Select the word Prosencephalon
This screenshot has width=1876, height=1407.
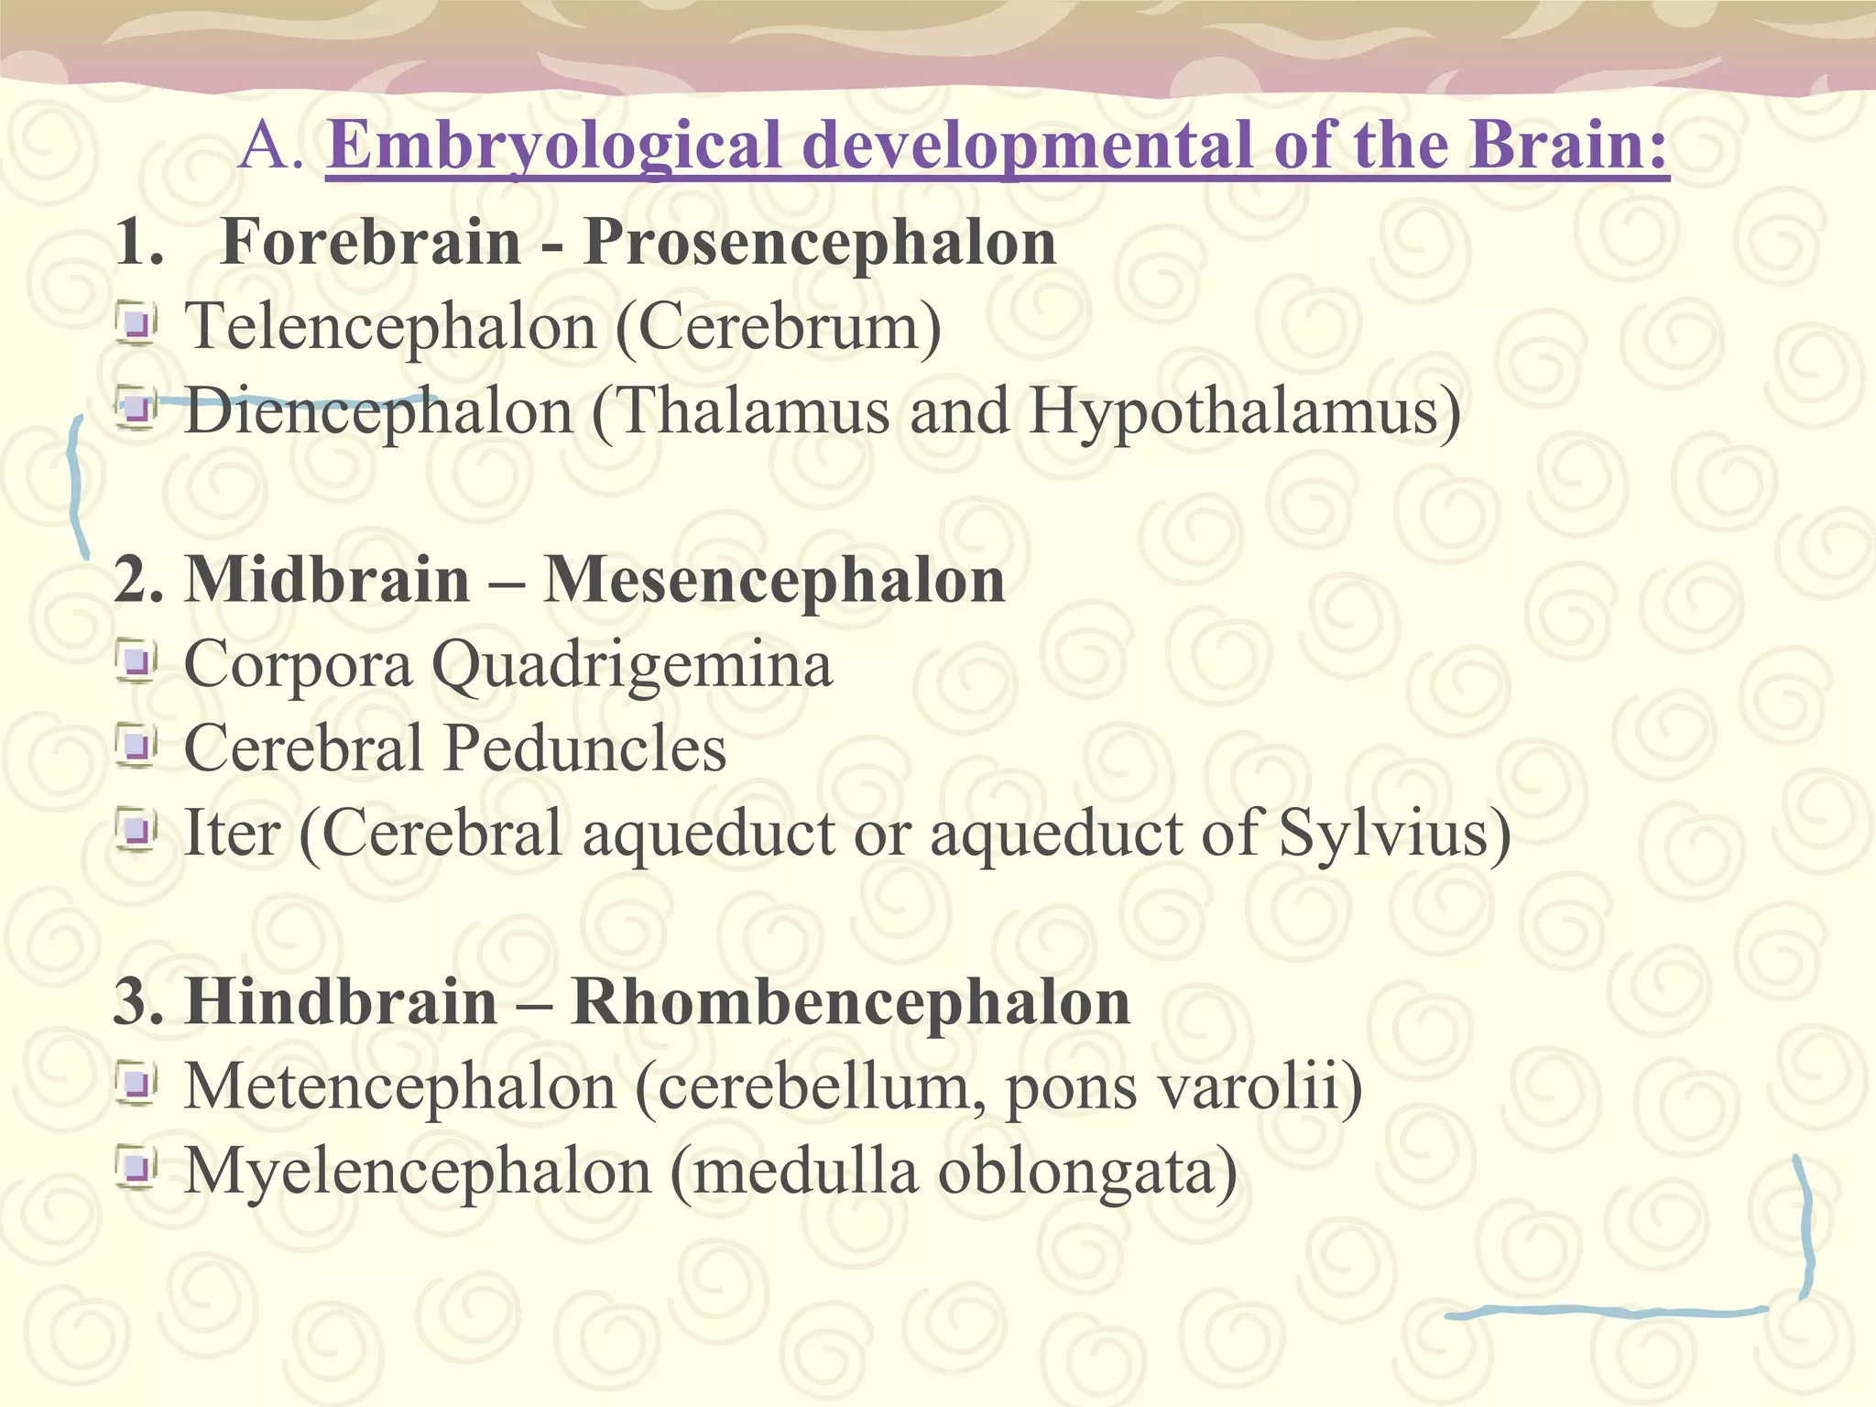[x=820, y=243]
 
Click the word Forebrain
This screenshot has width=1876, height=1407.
[x=371, y=243]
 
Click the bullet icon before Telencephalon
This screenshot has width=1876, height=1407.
[x=137, y=324]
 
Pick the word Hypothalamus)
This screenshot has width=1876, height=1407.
[x=1245, y=412]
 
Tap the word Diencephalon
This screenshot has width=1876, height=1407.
[x=379, y=412]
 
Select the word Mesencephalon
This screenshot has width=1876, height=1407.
[x=775, y=581]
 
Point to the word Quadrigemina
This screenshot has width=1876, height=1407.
[x=632, y=666]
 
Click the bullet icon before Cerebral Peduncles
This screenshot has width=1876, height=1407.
[x=137, y=747]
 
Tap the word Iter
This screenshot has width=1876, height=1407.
[x=232, y=834]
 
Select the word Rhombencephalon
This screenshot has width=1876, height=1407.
[x=851, y=1002]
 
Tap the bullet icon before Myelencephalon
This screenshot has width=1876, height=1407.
[x=137, y=1169]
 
